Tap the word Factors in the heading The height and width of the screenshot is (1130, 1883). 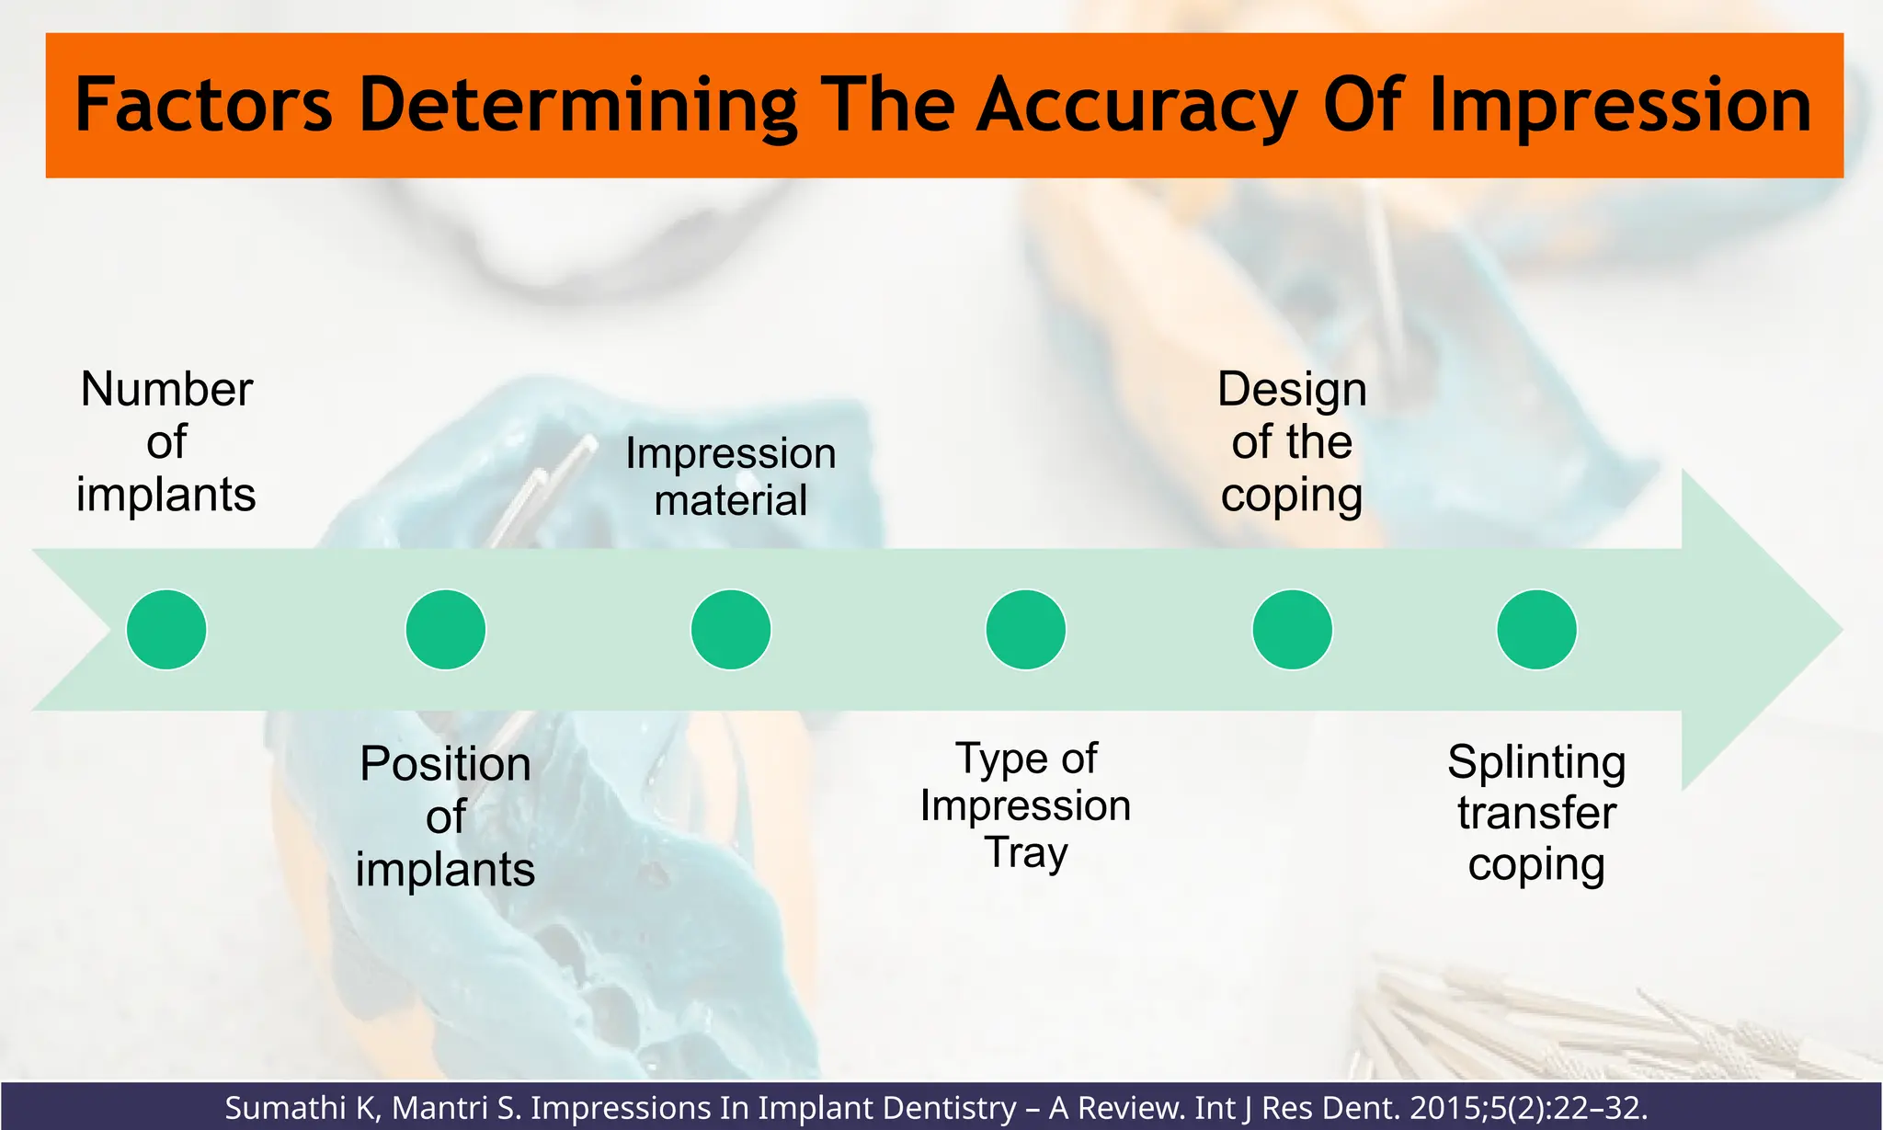coord(203,105)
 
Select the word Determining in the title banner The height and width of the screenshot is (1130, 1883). coord(577,107)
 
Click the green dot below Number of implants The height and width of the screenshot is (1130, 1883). coord(166,630)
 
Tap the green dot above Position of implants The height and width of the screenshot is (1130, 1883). coord(446,630)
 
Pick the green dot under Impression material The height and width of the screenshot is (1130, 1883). coord(731,630)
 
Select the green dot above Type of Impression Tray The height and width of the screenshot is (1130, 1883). coord(1026,630)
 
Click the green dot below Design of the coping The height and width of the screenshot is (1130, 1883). coord(1293,630)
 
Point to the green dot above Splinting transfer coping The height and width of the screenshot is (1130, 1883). coord(1537,630)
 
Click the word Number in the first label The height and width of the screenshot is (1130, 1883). coord(166,389)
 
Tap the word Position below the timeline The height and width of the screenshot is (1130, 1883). coord(446,764)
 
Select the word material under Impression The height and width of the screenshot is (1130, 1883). coord(731,501)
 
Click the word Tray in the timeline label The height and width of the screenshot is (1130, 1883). coord(1026,853)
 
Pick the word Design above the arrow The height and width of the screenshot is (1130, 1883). coord(1292,390)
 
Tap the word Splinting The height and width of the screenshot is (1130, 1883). coord(1536,763)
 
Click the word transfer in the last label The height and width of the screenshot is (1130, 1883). coord(1536,814)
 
